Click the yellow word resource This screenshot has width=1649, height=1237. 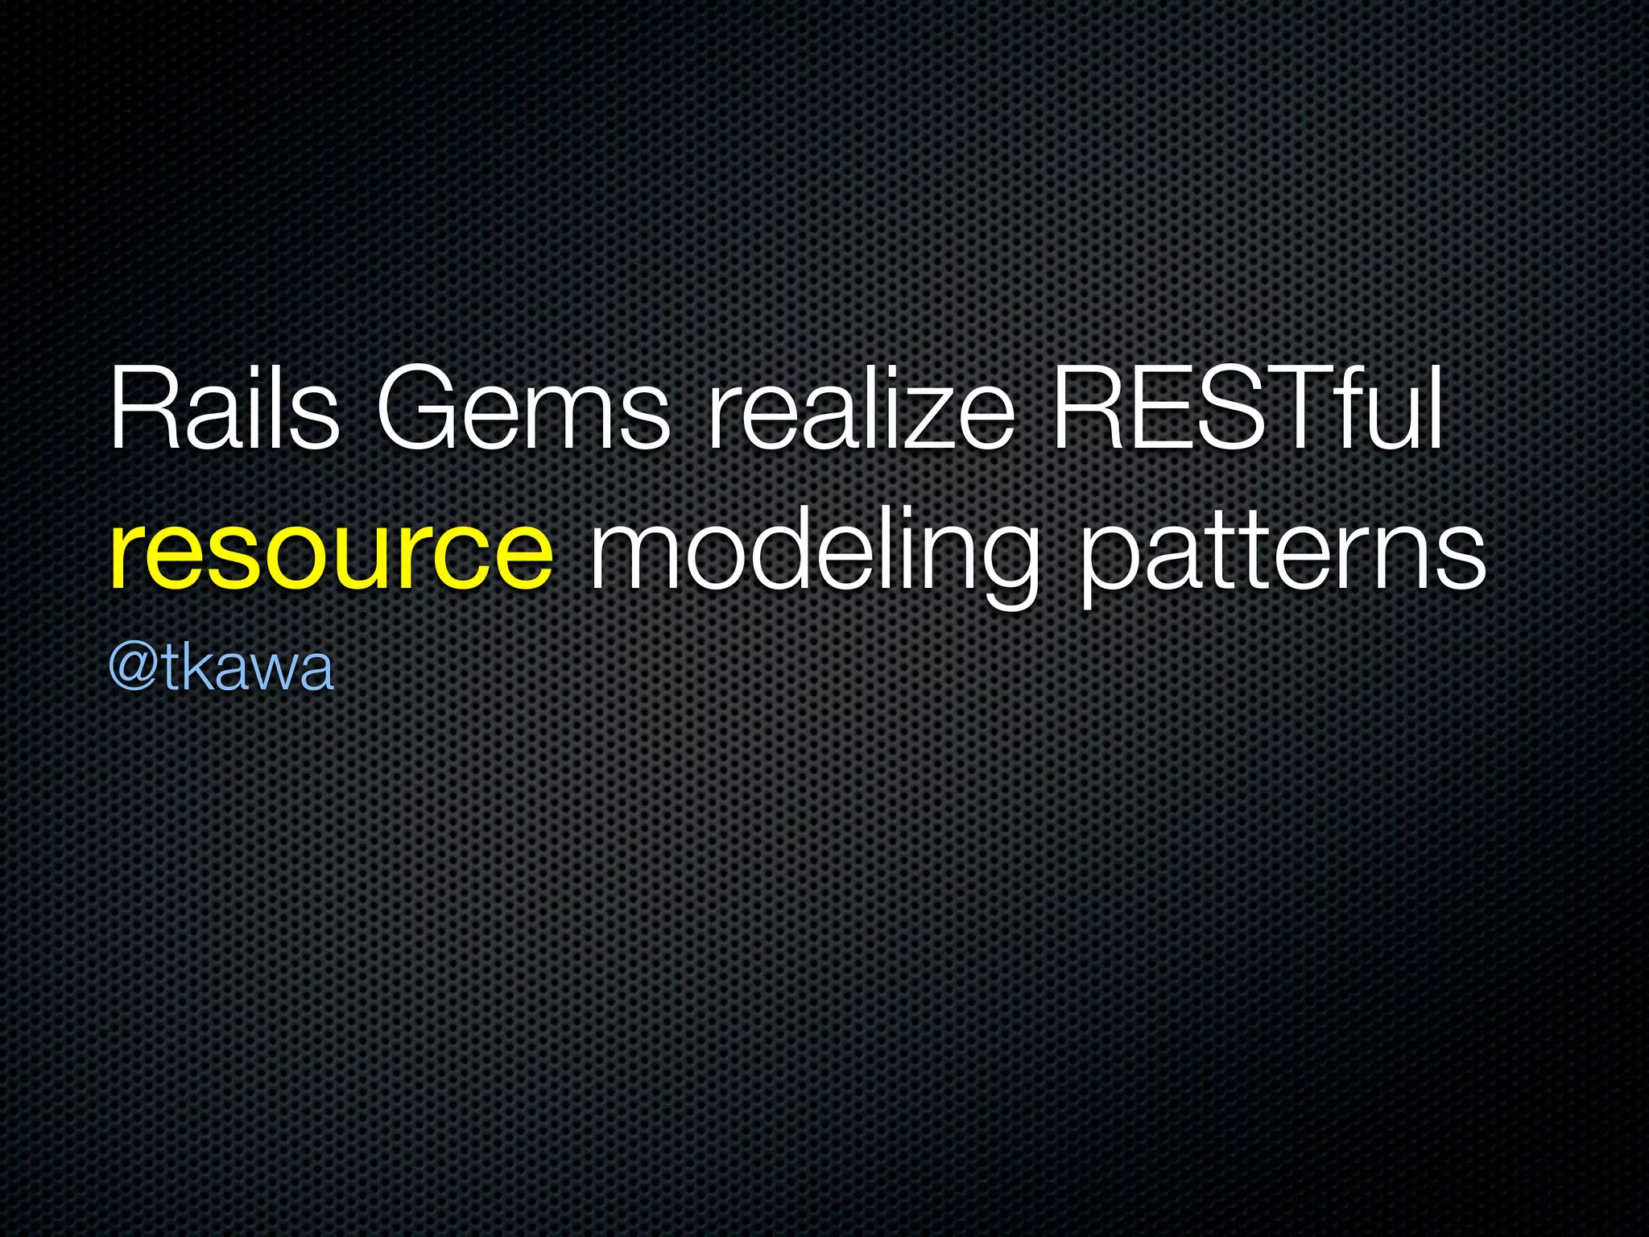point(331,553)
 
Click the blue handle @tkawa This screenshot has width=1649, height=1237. point(221,668)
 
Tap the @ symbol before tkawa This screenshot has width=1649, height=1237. point(134,668)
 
